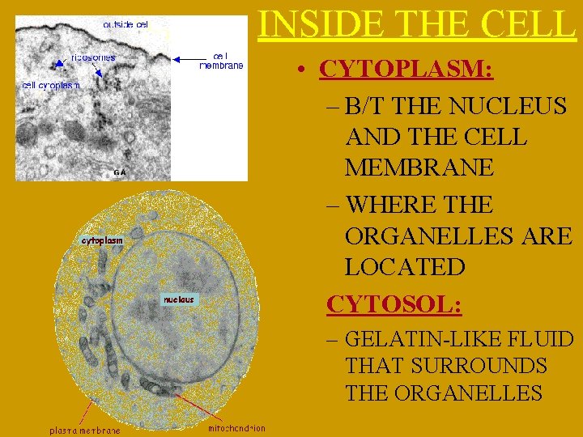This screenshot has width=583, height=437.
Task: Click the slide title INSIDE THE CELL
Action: pos(417,23)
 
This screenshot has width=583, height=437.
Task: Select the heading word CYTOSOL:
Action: pos(394,304)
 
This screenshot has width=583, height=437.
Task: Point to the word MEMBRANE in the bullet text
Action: pos(418,168)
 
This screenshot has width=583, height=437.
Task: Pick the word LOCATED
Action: pos(404,267)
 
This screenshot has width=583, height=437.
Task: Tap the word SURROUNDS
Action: pos(479,366)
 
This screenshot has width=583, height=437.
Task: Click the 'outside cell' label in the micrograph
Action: pos(126,25)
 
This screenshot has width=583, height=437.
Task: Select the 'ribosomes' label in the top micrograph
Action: pos(93,57)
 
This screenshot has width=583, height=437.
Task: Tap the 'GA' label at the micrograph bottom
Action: pos(119,172)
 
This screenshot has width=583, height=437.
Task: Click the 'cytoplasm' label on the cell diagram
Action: pos(102,240)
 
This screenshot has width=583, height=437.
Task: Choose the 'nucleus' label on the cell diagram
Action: pos(179,299)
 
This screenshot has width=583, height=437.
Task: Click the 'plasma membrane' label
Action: pos(85,431)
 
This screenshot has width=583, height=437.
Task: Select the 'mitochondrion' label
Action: pos(236,428)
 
